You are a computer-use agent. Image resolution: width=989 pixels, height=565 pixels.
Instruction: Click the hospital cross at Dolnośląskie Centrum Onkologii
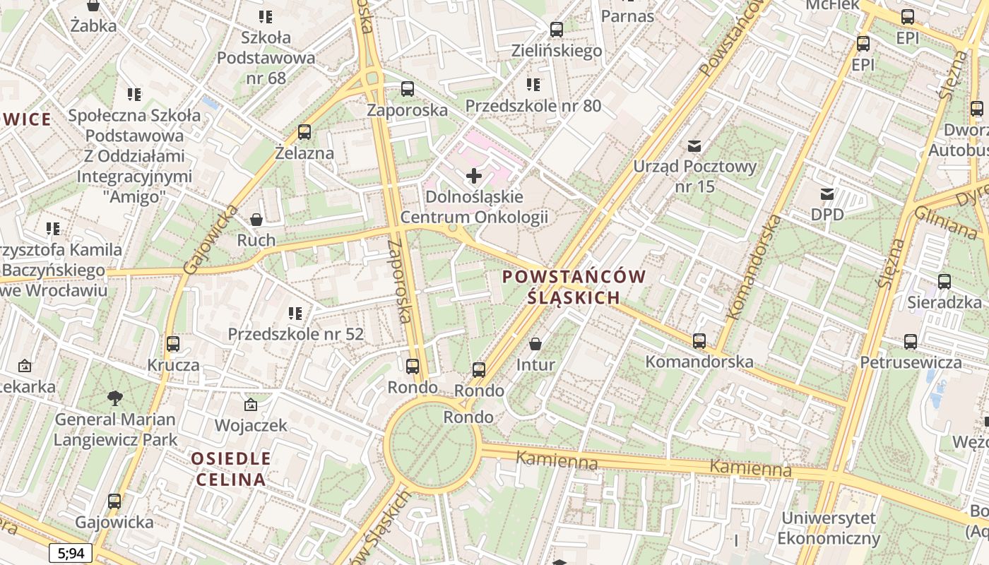click(474, 175)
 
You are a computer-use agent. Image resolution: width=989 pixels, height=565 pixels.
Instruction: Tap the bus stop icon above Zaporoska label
click(408, 89)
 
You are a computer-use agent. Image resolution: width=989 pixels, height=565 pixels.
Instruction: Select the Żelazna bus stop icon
click(304, 132)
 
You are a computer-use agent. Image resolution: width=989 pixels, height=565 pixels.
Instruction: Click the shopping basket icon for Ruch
click(256, 220)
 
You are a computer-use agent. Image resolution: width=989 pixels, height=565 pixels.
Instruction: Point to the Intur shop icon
click(535, 344)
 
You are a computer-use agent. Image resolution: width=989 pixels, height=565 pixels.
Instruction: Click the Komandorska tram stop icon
click(699, 341)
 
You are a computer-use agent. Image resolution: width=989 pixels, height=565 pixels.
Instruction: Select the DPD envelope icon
click(827, 194)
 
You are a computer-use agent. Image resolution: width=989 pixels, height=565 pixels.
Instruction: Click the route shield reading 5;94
click(71, 553)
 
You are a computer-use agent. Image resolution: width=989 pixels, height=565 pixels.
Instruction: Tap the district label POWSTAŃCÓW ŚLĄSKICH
click(574, 287)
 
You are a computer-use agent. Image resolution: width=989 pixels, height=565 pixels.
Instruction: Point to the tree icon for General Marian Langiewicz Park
click(114, 398)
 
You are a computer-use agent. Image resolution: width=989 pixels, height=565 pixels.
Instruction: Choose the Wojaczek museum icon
click(250, 405)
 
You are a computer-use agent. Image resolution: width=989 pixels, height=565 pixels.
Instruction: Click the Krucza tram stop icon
click(173, 344)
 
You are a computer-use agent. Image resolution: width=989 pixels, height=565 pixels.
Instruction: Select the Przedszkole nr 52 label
click(295, 333)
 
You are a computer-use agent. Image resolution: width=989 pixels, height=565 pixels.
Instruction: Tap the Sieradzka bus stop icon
click(944, 282)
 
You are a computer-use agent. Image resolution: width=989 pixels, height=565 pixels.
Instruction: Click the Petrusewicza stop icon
click(911, 342)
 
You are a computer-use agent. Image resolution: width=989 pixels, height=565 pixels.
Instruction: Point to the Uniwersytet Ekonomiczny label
click(829, 528)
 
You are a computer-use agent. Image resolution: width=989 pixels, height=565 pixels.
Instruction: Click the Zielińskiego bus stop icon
click(557, 30)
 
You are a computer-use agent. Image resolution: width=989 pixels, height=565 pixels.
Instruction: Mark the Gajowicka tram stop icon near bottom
click(114, 501)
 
